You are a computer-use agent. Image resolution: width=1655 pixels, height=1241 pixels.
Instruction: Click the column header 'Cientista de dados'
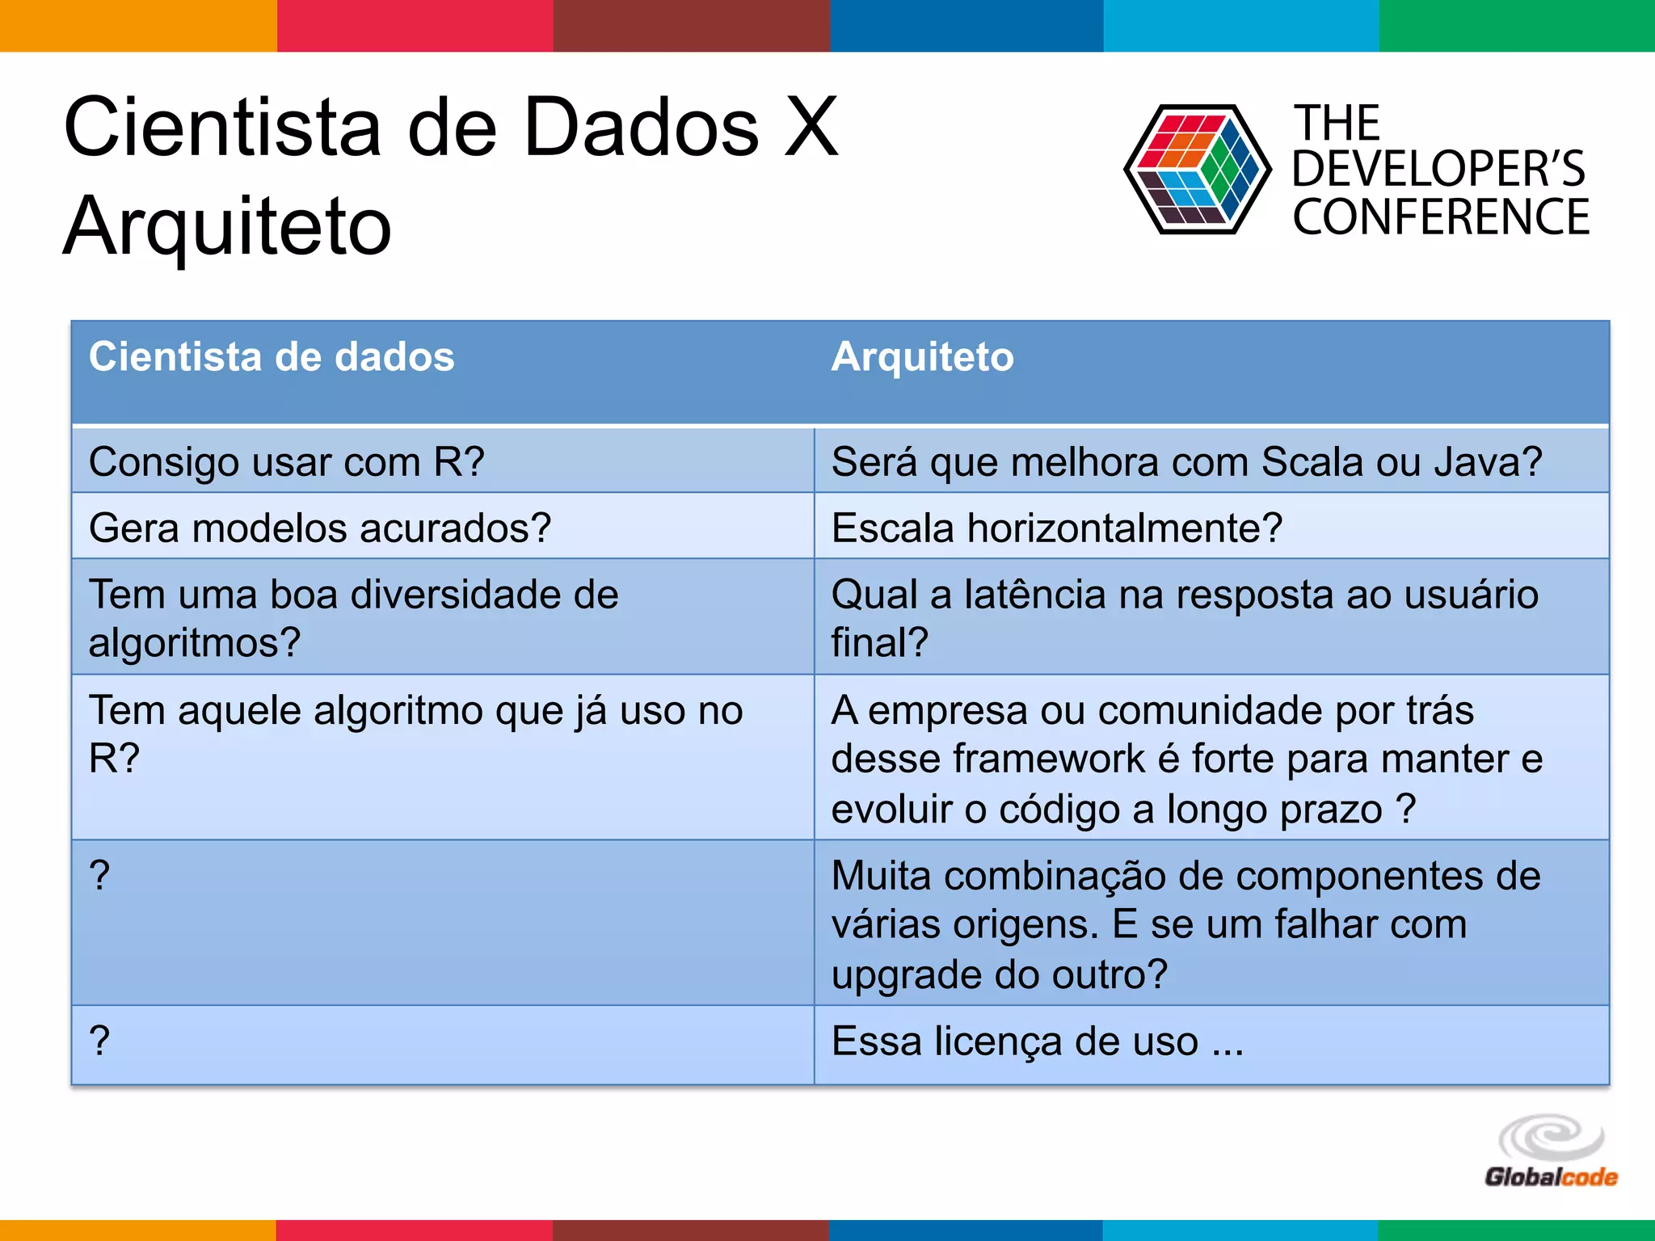pos(272,357)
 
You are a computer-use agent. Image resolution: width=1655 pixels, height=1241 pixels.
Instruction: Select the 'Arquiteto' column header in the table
pos(922,357)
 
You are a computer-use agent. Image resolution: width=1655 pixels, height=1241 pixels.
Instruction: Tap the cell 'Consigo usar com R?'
pos(287,462)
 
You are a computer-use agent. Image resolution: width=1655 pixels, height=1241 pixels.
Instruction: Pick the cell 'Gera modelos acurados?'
pos(320,528)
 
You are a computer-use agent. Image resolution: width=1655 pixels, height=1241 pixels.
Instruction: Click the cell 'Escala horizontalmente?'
pos(1057,528)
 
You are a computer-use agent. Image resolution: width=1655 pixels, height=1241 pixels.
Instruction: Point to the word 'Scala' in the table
pos(1310,462)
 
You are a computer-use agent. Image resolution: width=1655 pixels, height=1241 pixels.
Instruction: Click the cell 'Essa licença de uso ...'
pos(1038,1041)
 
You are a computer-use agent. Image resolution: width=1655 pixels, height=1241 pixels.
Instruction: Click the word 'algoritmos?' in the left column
pos(195,643)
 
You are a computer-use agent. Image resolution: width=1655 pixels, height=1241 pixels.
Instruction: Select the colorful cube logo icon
pos(1197,170)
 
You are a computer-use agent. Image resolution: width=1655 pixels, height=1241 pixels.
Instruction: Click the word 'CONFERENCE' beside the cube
pos(1441,217)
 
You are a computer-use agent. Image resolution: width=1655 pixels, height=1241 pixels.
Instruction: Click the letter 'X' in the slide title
pos(811,127)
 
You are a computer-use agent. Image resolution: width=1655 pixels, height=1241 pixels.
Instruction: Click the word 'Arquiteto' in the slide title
pos(228,227)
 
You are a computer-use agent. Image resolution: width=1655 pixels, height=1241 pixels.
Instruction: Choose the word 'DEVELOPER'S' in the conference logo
pos(1438,169)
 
